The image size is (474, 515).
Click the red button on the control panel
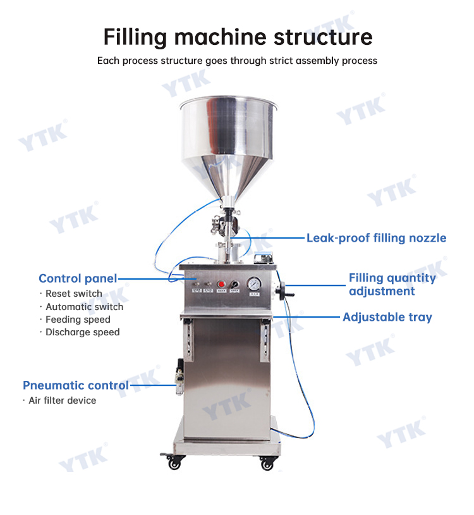pos(221,284)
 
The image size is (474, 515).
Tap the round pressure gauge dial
pos(254,284)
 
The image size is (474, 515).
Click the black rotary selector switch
pos(234,284)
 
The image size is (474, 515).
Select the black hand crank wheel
pos(282,291)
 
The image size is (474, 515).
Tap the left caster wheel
pos(174,461)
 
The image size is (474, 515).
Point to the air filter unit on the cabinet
pos(179,376)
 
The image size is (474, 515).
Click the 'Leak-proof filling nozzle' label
pos(376,238)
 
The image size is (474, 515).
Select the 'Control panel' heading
pos(78,278)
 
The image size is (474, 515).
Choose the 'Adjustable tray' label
pos(387,317)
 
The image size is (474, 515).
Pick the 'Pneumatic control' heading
pos(76,385)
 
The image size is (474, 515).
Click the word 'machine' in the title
pos(220,37)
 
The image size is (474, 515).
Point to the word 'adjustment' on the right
pos(382,291)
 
